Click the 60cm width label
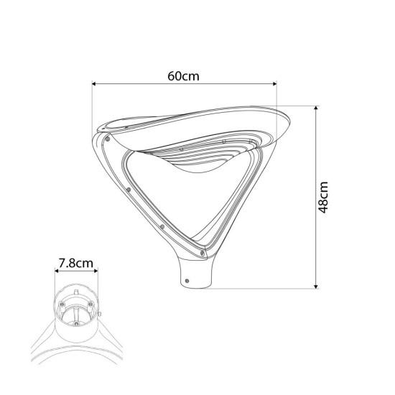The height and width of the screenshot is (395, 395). click(183, 76)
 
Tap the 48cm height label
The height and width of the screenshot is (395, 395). click(323, 197)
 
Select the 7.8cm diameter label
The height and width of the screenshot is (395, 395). click(76, 264)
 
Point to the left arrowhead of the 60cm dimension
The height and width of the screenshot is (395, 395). click(94, 83)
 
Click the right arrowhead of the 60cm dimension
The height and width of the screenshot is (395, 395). click(274, 83)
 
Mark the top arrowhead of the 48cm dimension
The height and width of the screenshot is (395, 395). click(316, 108)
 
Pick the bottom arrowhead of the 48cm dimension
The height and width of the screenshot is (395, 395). click(316, 287)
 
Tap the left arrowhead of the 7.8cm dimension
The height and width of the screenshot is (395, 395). click(57, 271)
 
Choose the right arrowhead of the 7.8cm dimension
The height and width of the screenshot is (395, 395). click(96, 271)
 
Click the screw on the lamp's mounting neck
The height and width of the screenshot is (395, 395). click(187, 281)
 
